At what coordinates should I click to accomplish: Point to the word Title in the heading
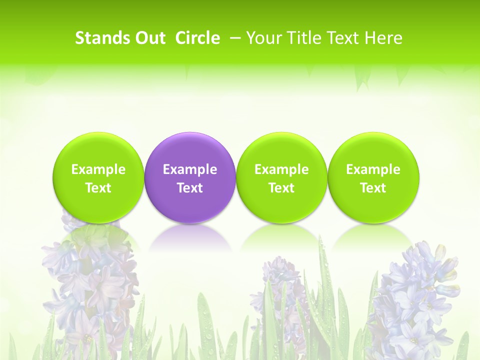[x=301, y=38]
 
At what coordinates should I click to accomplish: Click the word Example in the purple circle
[x=190, y=169]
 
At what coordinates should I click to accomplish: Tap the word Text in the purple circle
[x=190, y=188]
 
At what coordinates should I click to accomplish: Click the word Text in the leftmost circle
[x=98, y=188]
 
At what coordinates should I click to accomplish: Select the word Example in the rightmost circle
[x=373, y=169]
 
